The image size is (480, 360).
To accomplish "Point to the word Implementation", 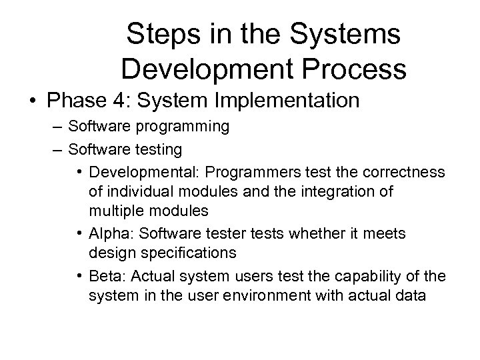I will [293, 101].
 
